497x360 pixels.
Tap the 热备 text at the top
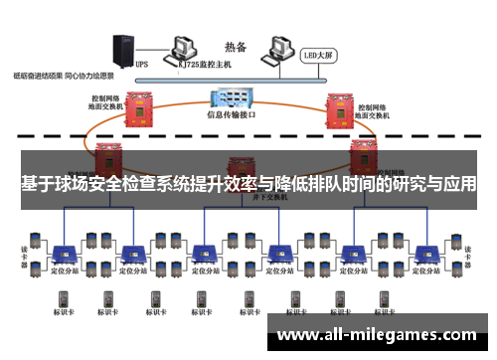[x=237, y=46]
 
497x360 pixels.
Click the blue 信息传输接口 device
[x=230, y=97]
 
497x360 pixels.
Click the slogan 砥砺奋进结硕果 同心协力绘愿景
[x=64, y=76]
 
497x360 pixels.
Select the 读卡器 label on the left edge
[x=11, y=252]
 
